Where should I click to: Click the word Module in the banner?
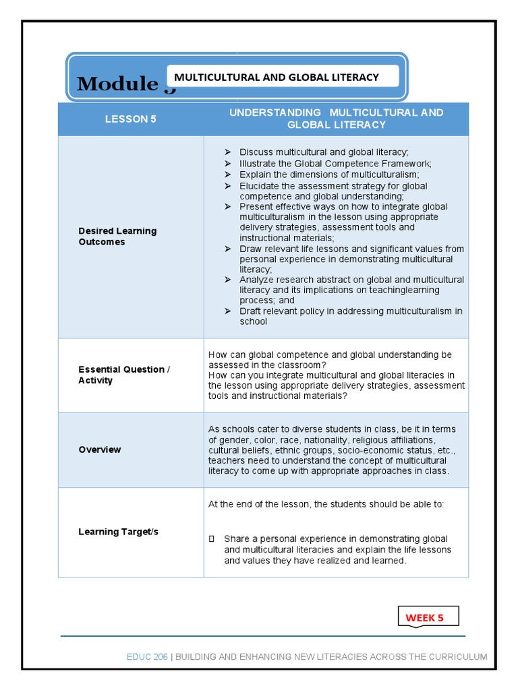117,84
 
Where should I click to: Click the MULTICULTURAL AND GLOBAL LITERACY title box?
277,77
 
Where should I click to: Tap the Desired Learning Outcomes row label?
117,237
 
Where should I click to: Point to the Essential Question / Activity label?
124,375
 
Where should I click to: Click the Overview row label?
100,449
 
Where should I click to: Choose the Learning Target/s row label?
118,532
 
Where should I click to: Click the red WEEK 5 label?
424,618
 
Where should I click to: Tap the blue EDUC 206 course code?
147,657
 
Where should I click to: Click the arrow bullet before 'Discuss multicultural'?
227,152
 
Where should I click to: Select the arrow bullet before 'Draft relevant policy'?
227,311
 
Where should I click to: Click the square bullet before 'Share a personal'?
212,539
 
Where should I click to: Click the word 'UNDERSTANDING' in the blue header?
275,113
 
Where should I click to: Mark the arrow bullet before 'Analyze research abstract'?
227,280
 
